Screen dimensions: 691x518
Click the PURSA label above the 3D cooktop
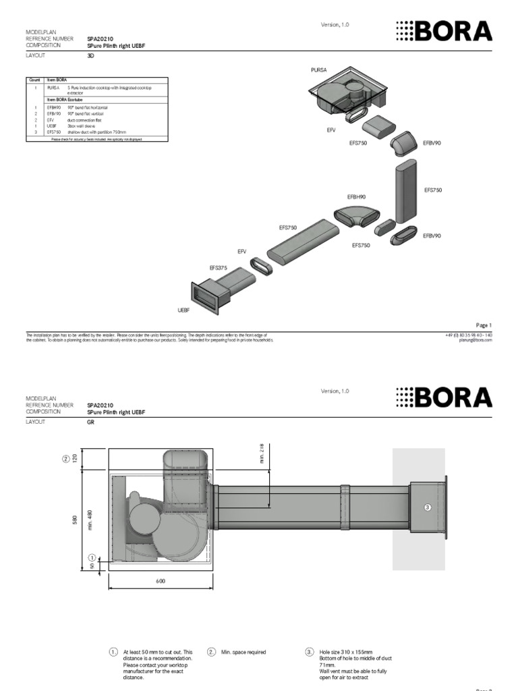(318, 70)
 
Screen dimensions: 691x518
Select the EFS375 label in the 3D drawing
(219, 268)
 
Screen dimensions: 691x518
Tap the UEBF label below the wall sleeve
(183, 311)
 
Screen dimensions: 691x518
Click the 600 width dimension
(161, 580)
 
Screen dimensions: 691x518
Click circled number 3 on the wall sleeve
(427, 507)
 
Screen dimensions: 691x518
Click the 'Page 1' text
(484, 325)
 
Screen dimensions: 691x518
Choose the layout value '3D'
(90, 57)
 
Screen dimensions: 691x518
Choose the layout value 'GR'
(90, 421)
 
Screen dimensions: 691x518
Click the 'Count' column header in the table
(34, 80)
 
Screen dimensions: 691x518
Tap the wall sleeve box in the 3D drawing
(207, 297)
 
